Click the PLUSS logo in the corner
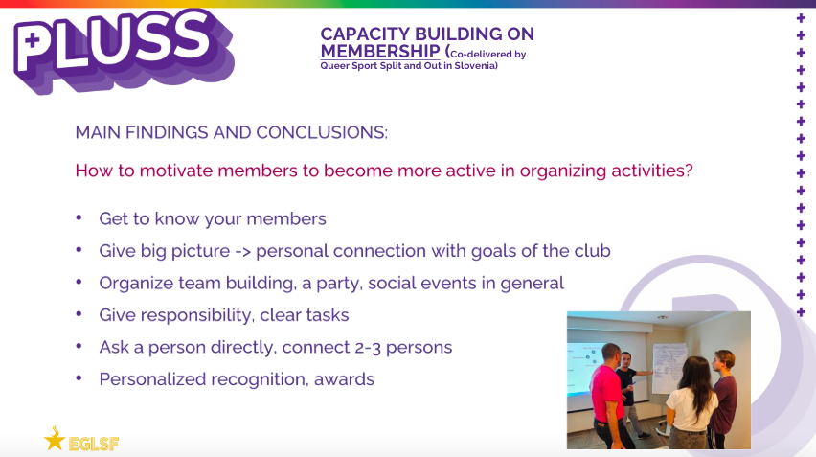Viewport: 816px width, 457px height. (124, 50)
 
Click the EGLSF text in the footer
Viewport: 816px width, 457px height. (94, 444)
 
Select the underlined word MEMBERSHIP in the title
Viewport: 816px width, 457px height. (380, 51)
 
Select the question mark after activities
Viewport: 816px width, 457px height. (689, 171)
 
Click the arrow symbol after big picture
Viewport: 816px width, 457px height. (242, 251)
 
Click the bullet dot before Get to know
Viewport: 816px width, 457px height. (79, 217)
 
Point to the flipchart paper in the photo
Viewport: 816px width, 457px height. (669, 368)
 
